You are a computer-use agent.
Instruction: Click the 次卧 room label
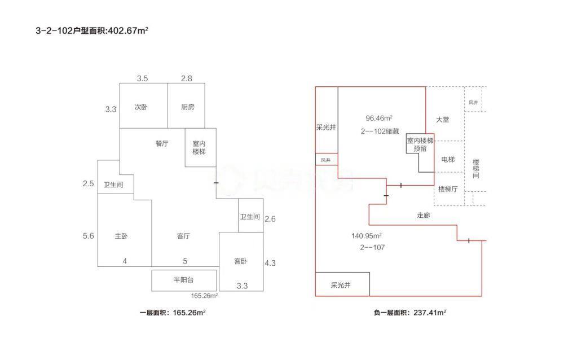coord(141,107)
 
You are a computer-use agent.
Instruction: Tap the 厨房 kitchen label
coord(188,107)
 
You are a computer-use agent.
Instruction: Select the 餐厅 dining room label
coord(162,143)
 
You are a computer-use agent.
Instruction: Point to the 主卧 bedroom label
coord(121,236)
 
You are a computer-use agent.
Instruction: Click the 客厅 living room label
coord(183,236)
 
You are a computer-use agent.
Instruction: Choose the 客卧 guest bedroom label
coord(240,261)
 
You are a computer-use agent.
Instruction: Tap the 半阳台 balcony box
coord(184,280)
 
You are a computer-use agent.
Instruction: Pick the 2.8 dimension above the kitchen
coord(186,78)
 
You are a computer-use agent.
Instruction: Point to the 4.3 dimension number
coord(270,262)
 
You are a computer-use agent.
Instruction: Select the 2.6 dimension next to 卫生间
coord(270,219)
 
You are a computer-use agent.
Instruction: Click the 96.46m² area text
coord(379,118)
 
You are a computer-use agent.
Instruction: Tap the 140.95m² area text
coord(367,236)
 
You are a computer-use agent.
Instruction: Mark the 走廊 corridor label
coord(424,215)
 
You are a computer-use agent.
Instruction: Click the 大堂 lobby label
coord(443,120)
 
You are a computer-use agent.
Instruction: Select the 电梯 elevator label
coord(448,160)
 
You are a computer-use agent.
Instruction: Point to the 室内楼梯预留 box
coord(420,145)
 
